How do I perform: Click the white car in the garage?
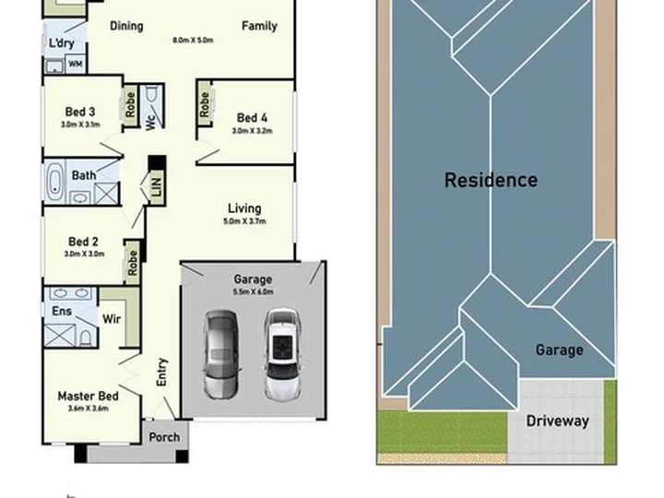[282, 355]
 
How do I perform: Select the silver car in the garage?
[220, 354]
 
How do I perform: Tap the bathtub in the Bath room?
[54, 183]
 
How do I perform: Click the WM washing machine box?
[76, 64]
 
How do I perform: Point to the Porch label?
[164, 437]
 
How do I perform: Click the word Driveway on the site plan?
[557, 421]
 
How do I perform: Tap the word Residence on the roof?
[491, 180]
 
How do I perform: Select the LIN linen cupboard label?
[156, 186]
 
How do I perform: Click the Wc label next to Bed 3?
[151, 123]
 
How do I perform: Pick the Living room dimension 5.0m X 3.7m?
[244, 221]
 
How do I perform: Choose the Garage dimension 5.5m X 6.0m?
[253, 291]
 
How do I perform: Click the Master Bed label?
[89, 396]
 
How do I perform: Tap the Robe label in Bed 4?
[205, 104]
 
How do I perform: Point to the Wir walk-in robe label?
[112, 318]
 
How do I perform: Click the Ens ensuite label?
[62, 311]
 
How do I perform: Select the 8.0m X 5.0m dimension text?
[193, 41]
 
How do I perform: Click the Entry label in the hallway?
[162, 372]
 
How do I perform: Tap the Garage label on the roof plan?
[559, 350]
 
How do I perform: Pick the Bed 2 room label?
[83, 242]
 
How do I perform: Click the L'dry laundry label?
[62, 42]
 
